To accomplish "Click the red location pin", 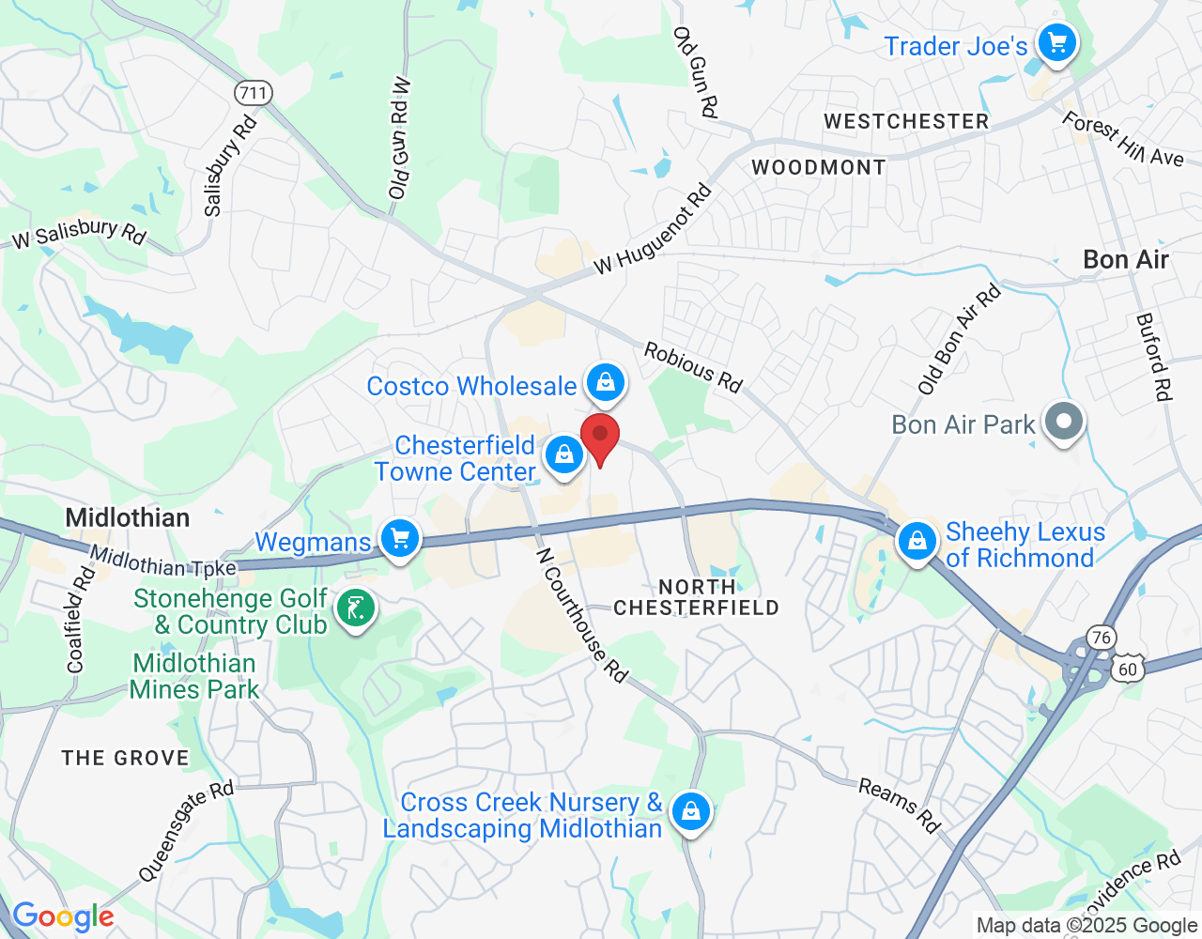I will pos(600,438).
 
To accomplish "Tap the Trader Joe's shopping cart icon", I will pos(1056,43).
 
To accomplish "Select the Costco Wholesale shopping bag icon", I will pos(606,382).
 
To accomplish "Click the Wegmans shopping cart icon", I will pos(400,540).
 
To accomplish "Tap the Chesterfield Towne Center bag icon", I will pos(563,455).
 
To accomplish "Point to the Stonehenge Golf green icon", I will pos(355,609).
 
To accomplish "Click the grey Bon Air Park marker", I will pos(1063,422).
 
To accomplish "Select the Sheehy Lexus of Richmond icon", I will pos(917,542).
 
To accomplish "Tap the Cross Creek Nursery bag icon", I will pos(691,811).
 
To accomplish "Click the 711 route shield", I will pos(254,93).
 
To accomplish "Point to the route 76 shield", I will pos(1101,639).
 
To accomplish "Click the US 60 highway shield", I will pos(1127,670).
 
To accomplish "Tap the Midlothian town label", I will pos(128,517).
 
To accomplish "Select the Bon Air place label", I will pos(1125,260).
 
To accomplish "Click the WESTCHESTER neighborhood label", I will pos(906,122).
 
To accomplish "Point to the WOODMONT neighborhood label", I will pos(818,168).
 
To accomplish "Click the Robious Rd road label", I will pos(693,367).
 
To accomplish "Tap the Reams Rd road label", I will pos(899,806).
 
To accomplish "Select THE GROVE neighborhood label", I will pos(126,758).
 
